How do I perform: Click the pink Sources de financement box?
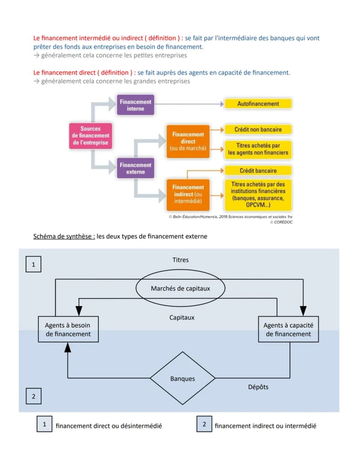[x=90, y=136]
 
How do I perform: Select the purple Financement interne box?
[x=136, y=104]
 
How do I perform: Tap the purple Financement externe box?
[x=136, y=168]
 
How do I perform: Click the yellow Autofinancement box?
[x=258, y=104]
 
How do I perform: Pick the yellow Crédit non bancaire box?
[x=258, y=130]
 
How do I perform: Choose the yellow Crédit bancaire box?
[x=258, y=171]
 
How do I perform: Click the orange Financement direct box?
[x=188, y=141]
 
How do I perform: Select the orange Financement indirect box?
[x=188, y=194]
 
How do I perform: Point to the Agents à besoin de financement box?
[x=68, y=329]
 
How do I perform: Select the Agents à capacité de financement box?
[x=288, y=329]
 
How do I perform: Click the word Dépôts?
[x=258, y=387]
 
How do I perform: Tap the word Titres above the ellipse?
[x=180, y=260]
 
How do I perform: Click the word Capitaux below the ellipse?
[x=182, y=317]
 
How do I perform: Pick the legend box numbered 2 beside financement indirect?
[x=204, y=424]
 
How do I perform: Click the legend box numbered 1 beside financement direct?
[x=44, y=424]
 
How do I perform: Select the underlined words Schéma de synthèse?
[x=64, y=237]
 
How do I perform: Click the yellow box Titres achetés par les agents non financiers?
[x=258, y=149]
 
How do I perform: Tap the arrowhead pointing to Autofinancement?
[x=222, y=104]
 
